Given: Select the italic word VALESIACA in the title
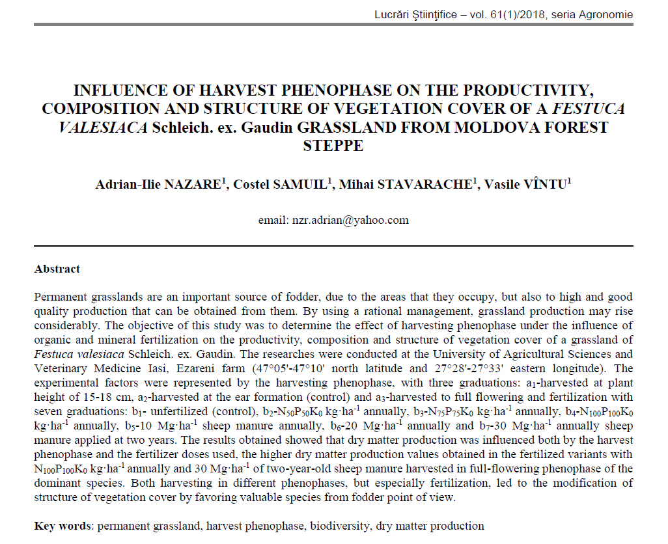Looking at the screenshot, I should point(103,127).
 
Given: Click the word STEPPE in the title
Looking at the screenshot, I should point(333,145).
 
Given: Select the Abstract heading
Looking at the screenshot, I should point(57,269).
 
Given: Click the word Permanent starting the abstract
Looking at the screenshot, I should point(59,297).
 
